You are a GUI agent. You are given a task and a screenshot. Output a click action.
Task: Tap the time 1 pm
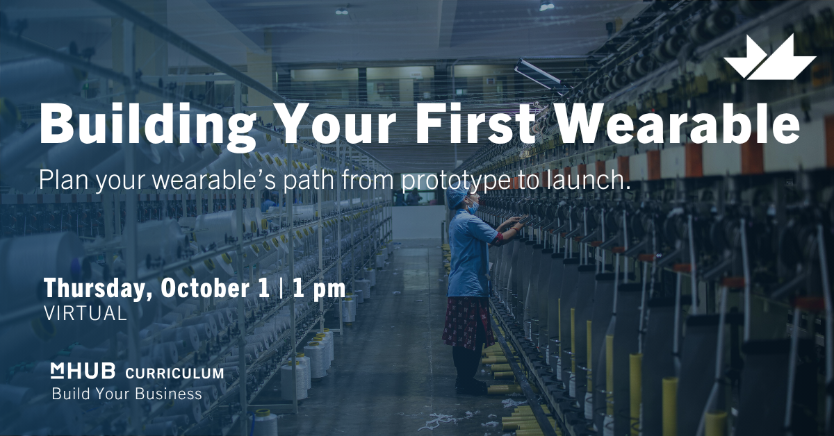point(319,289)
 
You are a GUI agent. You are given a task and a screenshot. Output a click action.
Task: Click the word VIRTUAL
point(85,314)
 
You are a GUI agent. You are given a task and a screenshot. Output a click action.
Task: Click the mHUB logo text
point(83,371)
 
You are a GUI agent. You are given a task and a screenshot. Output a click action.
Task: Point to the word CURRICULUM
point(174,373)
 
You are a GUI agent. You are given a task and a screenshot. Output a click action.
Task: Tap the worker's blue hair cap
point(457,192)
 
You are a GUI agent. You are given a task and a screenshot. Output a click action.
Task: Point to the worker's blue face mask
point(473,208)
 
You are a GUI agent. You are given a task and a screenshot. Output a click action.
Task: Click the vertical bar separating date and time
point(281,289)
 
